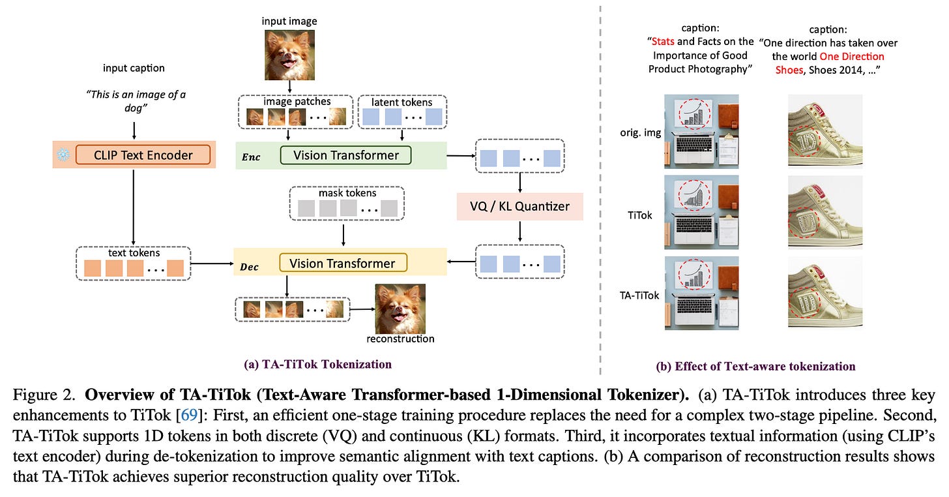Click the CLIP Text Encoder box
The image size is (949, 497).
point(143,155)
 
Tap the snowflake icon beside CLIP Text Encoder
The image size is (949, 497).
point(63,155)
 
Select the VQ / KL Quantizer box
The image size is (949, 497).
point(520,207)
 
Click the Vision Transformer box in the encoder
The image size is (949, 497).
point(345,155)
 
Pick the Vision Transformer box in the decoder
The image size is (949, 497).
point(343,264)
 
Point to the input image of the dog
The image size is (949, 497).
point(290,55)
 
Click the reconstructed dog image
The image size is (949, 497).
point(400,309)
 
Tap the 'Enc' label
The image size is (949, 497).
point(251,157)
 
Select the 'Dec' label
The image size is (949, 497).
point(249,267)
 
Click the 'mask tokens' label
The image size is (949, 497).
point(347,193)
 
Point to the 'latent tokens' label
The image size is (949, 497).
point(401,102)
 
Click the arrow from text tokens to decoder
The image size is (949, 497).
point(212,264)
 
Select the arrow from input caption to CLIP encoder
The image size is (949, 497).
point(134,131)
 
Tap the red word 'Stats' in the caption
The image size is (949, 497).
point(663,42)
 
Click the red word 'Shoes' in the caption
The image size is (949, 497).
point(789,70)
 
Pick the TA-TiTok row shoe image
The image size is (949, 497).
point(825,293)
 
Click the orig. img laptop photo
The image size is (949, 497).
point(701,132)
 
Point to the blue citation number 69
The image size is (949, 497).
point(190,414)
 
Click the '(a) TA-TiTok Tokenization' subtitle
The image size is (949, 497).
point(318,364)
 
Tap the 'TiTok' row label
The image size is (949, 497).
point(640,215)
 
